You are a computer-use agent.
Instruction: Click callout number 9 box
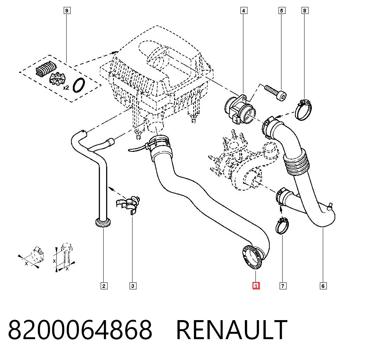coord(67,11)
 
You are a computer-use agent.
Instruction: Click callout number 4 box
coord(244,11)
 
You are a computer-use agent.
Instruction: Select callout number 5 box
coord(282,11)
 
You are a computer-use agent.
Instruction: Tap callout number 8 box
coord(305,11)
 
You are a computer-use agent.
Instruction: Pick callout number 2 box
coord(104,286)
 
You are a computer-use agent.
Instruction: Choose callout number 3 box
coord(133,286)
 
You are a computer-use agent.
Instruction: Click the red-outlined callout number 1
coord(256,286)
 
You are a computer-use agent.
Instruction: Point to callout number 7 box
coord(283,286)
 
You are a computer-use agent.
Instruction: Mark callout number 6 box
coord(323,286)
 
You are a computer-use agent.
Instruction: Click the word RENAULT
coord(232,330)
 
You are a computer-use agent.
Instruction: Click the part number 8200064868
coord(80,330)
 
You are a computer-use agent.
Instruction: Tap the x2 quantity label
coord(66,88)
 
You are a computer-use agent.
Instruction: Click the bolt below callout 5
coord(276,93)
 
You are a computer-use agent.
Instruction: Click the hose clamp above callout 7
coord(282,225)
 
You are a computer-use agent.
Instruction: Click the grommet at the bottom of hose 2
coord(103,222)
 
